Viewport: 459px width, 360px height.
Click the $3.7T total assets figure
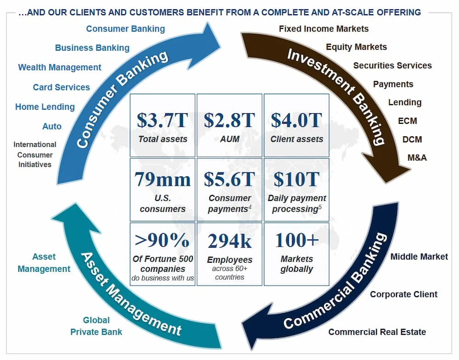[x=162, y=120]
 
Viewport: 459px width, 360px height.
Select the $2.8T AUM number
[x=229, y=120]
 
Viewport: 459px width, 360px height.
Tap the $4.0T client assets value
[x=297, y=120]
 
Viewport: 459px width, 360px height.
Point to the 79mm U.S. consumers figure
[x=162, y=179]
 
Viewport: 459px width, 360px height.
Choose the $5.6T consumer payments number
[x=229, y=179]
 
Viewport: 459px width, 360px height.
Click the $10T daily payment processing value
[x=297, y=179]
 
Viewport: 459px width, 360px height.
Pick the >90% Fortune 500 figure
[x=162, y=240]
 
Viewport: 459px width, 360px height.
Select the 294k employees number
[x=229, y=241]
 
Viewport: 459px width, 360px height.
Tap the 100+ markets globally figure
[x=297, y=240]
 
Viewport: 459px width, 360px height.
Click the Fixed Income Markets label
[x=324, y=28]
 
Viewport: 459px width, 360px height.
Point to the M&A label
[x=417, y=158]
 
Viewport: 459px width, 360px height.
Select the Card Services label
[x=61, y=87]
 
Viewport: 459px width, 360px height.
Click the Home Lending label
[x=45, y=107]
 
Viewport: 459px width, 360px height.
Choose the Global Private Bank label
[x=96, y=326]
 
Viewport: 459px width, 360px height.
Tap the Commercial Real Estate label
[x=377, y=332]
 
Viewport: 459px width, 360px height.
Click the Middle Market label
[x=419, y=256]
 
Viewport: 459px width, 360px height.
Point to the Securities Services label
[x=392, y=66]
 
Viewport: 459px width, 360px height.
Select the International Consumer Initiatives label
[x=35, y=155]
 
